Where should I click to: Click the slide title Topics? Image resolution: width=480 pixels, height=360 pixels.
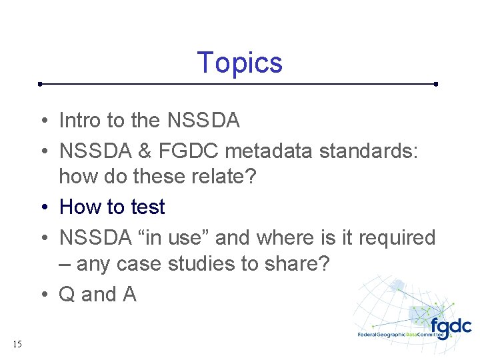tap(240, 63)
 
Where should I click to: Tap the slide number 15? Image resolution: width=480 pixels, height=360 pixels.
tap(17, 345)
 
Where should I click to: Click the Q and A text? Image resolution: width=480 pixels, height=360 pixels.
tap(97, 294)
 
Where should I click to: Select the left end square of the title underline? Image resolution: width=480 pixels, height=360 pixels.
tap(40, 85)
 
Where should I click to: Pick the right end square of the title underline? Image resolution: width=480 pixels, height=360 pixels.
tap(435, 85)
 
